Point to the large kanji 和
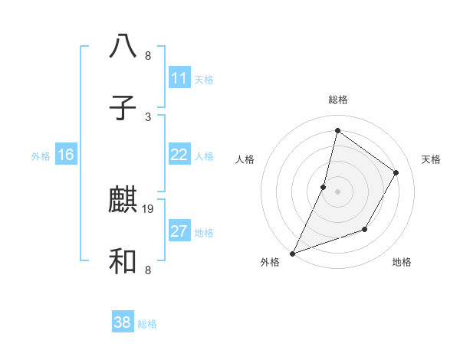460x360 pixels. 123,263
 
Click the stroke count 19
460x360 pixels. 149,208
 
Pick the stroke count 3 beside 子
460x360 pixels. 148,116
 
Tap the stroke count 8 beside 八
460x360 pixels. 148,55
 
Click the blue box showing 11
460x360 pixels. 179,78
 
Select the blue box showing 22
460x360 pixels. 179,155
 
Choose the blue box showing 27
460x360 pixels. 179,231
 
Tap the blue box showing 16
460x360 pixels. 66,155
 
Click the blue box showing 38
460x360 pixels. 123,322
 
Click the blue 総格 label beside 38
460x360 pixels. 147,324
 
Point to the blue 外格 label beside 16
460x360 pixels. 41,156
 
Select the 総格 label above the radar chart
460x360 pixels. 337,100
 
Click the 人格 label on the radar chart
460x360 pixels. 245,159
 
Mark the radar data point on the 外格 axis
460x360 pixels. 292,253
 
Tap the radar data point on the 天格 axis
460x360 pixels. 396,172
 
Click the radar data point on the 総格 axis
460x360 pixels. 337,130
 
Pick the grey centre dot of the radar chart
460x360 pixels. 337,191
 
